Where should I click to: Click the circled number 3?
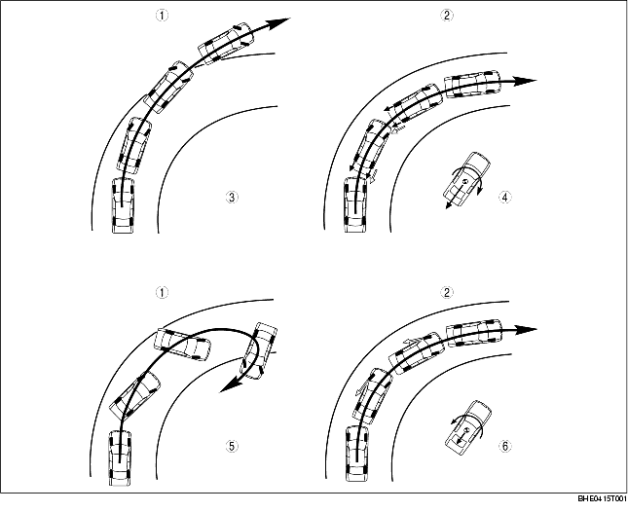[232, 197]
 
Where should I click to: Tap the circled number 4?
[505, 197]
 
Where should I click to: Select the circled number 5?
[232, 446]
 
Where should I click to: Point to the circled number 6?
[505, 446]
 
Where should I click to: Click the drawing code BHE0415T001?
[602, 498]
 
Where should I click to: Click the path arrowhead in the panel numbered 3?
[278, 23]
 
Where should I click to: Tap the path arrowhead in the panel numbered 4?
[525, 81]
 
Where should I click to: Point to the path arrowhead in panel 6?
[526, 329]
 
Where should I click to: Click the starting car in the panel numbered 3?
[123, 205]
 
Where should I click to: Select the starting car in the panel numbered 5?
[120, 457]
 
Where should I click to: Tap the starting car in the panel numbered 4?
[355, 205]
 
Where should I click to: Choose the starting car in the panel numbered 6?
[356, 454]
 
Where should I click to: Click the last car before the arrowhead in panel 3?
[226, 42]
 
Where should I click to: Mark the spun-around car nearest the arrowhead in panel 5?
[259, 350]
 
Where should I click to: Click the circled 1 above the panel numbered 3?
[162, 16]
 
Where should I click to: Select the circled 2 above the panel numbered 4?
[447, 16]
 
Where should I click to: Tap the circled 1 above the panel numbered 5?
[162, 293]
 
